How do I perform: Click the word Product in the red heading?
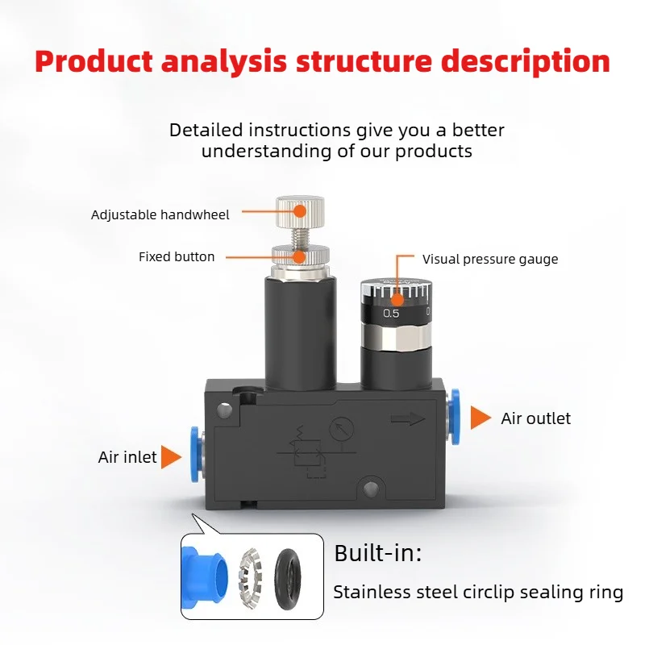coord(94,62)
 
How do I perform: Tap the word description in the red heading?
coord(526,63)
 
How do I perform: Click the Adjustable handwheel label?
coord(160,214)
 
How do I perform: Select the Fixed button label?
coord(177,256)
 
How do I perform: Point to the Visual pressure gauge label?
coord(490,259)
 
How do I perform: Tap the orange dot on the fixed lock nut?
coord(299,257)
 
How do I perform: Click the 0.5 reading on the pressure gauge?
coord(391,314)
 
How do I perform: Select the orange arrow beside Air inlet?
coord(171,457)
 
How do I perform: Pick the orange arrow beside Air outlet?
coord(481,418)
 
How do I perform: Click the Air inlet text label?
coord(127,457)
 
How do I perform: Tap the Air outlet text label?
coord(535,418)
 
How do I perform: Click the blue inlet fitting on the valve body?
coord(196,455)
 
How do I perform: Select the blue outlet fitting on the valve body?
coord(454,416)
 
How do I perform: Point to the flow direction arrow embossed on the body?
coord(407,419)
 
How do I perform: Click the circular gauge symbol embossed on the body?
coord(341,429)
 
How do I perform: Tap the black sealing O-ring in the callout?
coord(288,579)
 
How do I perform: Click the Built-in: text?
coord(378,553)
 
